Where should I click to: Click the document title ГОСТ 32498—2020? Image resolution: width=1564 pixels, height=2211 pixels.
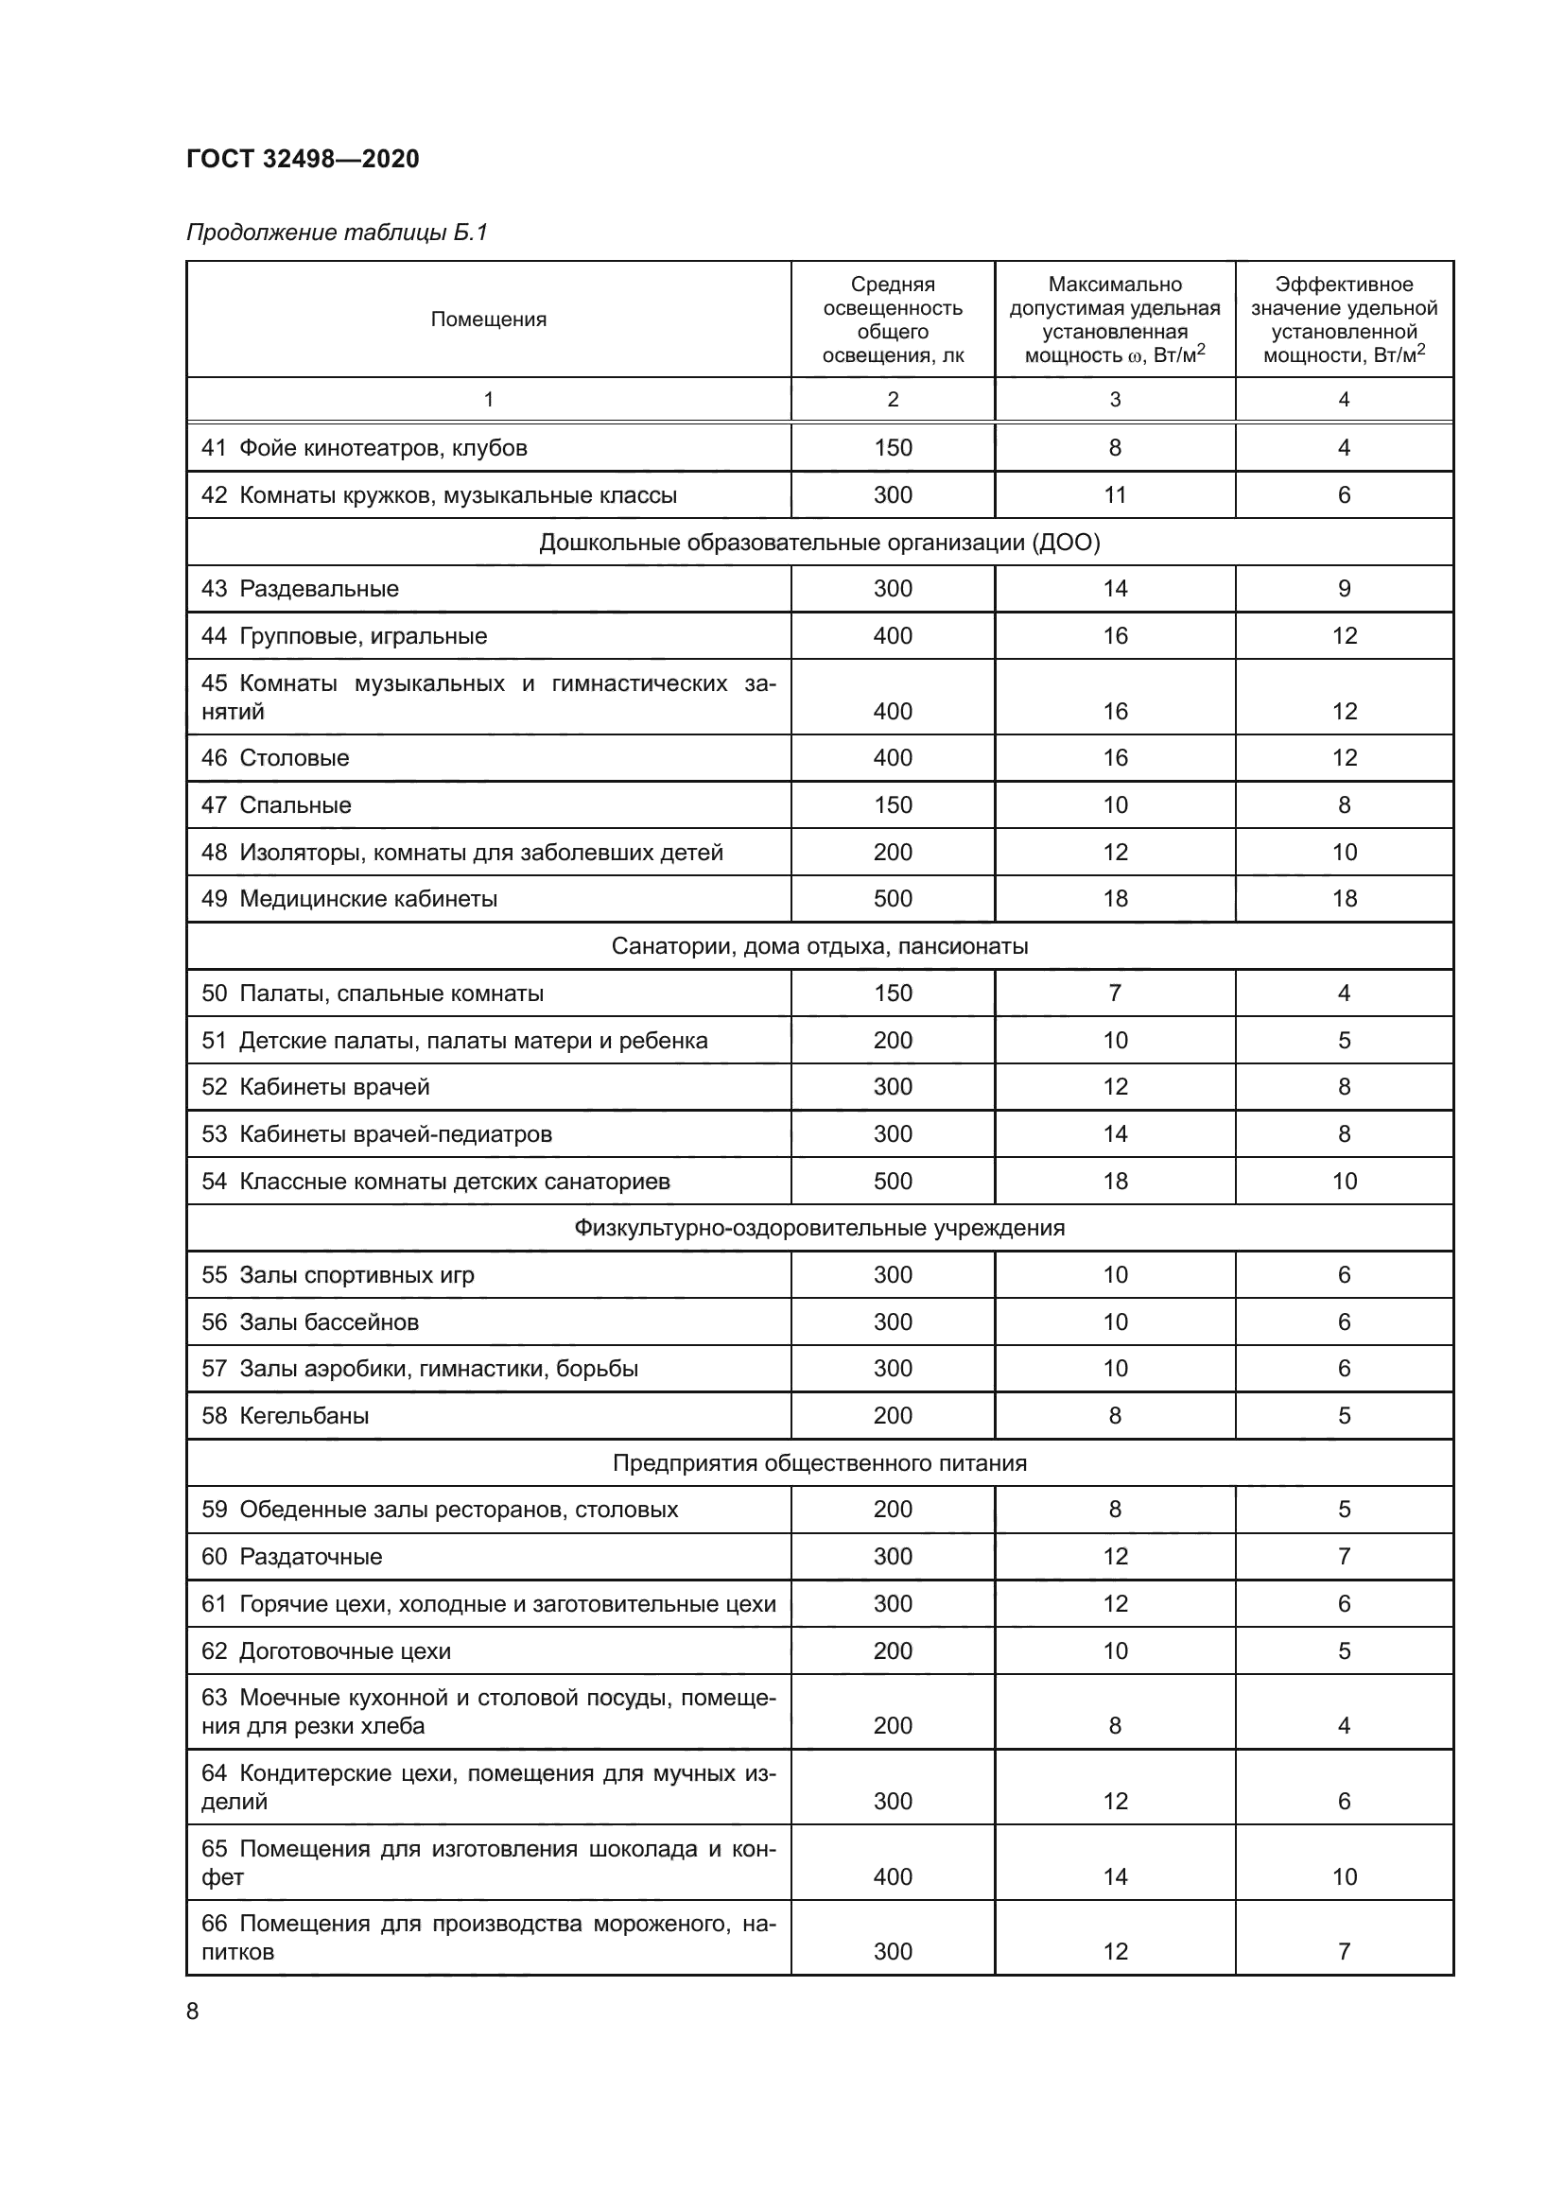tap(303, 159)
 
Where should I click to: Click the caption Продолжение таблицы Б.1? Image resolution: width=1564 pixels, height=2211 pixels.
tap(337, 233)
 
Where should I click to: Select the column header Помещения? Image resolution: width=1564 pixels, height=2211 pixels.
tap(488, 320)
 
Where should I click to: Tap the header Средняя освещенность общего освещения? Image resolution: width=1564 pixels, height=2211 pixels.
tap(893, 320)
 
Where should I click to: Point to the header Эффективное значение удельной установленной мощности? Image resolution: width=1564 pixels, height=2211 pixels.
tap(1344, 320)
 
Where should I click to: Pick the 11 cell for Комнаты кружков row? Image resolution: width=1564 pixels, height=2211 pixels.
tap(1114, 495)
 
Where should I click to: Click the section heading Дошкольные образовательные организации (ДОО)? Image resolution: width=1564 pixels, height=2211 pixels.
tap(819, 543)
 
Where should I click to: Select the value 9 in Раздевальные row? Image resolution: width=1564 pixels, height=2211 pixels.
tap(1344, 588)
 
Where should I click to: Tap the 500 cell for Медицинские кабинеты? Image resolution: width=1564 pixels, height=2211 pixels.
tap(893, 898)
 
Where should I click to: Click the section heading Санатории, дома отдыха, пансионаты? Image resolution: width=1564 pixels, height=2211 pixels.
tap(819, 945)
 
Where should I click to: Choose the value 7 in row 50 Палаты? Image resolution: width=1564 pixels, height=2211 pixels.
tap(1114, 993)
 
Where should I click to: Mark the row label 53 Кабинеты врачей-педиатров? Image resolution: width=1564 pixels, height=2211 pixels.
tap(376, 1133)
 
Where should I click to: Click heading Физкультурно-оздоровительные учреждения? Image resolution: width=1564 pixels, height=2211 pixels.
tap(819, 1228)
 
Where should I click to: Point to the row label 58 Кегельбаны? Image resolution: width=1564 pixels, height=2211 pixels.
tap(285, 1416)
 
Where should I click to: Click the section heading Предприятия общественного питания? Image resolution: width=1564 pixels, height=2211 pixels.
tap(819, 1462)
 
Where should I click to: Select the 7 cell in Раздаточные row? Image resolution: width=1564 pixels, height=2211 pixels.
tap(1344, 1556)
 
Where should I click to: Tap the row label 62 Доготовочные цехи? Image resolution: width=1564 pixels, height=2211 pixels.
tap(325, 1650)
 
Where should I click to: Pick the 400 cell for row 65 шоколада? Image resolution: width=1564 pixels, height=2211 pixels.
tap(893, 1875)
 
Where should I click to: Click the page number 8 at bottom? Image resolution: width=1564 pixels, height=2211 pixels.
tap(193, 2011)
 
